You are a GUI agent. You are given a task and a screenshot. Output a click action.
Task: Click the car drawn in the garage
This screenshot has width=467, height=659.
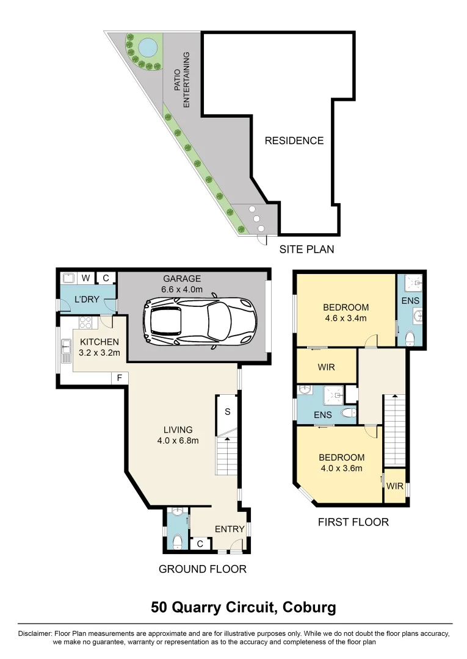pos(200,319)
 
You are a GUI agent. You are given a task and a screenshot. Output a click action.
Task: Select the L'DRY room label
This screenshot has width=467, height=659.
pos(87,300)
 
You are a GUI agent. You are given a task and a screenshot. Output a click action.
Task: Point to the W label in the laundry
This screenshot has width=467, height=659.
pos(86,278)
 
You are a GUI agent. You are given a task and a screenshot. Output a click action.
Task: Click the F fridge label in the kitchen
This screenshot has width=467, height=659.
pos(120,378)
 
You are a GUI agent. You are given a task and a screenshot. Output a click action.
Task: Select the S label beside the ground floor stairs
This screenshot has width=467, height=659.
pos(227,411)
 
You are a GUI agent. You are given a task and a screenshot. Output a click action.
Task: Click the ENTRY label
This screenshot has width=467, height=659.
pos(230,528)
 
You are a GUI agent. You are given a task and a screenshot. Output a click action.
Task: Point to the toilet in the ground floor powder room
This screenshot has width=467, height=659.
pos(177,541)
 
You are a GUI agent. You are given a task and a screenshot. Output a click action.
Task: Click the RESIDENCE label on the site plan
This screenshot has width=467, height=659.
pos(294,140)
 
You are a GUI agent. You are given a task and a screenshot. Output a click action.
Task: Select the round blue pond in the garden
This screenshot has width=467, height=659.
pos(147,46)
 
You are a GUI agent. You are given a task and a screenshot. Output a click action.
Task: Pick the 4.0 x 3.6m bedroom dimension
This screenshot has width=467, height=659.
pos(341,468)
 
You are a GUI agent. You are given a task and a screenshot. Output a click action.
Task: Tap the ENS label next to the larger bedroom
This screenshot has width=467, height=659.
pos(410,301)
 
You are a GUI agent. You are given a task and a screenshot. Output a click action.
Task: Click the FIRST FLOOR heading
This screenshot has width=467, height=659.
pos(353,522)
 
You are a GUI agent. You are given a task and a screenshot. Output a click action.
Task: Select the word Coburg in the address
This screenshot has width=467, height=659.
pos(308,608)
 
